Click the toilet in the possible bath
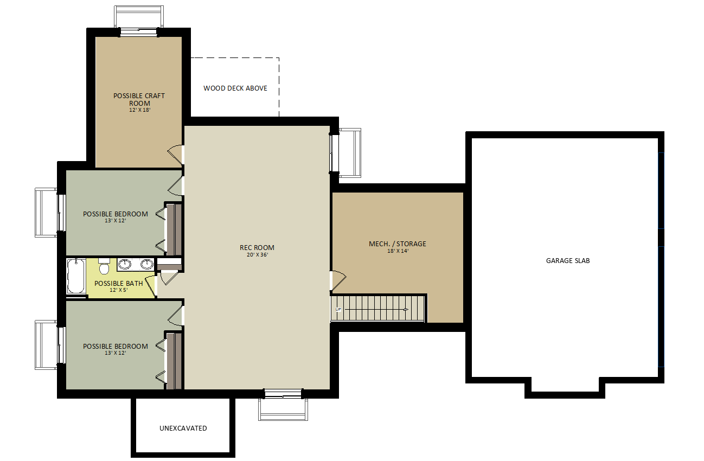[104, 266]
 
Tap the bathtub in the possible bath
[76, 276]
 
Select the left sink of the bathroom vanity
[124, 264]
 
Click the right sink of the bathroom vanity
[147, 264]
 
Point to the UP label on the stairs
[338, 310]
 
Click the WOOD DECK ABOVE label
[235, 88]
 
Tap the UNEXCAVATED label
[183, 428]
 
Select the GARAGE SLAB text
[568, 260]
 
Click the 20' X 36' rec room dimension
[258, 255]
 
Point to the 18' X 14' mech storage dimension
[398, 251]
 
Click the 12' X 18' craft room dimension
[140, 110]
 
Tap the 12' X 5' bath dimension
[118, 290]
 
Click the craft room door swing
[175, 155]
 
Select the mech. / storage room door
[338, 280]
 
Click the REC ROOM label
[257, 248]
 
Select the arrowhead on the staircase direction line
[406, 310]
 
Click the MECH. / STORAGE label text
[398, 244]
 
